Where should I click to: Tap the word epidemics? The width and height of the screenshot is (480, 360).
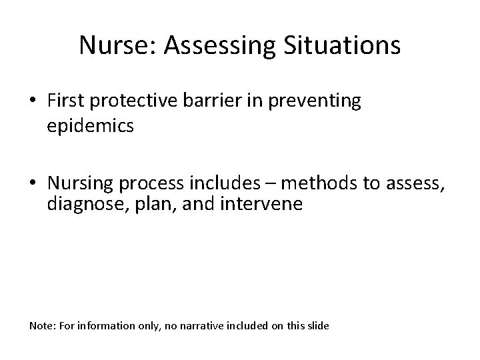coord(90,126)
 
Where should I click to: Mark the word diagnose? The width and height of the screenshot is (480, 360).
coord(79,205)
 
